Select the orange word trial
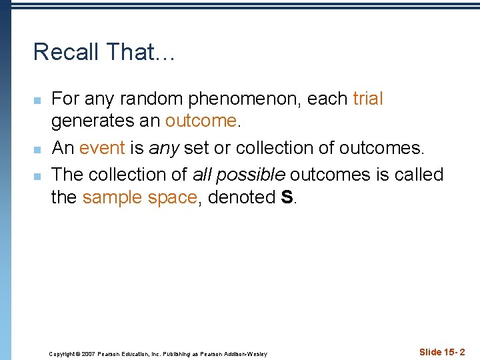pyautogui.click(x=368, y=99)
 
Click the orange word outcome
pyautogui.click(x=201, y=121)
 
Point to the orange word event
pyautogui.click(x=102, y=147)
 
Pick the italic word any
pyautogui.click(x=164, y=148)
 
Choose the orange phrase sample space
pyautogui.click(x=139, y=197)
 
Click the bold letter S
pyautogui.click(x=287, y=197)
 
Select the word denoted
pyautogui.click(x=240, y=197)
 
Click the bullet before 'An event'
pyautogui.click(x=38, y=149)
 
